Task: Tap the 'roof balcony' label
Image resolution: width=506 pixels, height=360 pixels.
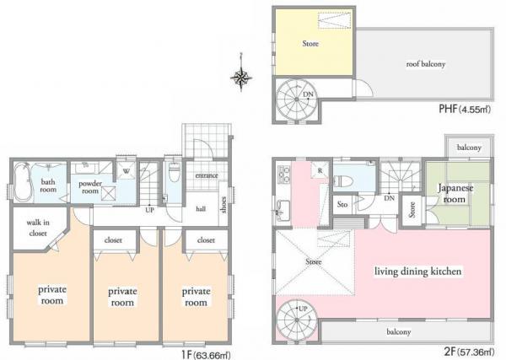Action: tap(427, 64)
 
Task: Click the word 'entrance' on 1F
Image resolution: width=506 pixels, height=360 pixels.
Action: tap(207, 175)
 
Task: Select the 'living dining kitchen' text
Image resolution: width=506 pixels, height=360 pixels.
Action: tap(420, 272)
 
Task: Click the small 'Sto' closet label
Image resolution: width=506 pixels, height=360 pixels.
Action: tap(343, 203)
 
